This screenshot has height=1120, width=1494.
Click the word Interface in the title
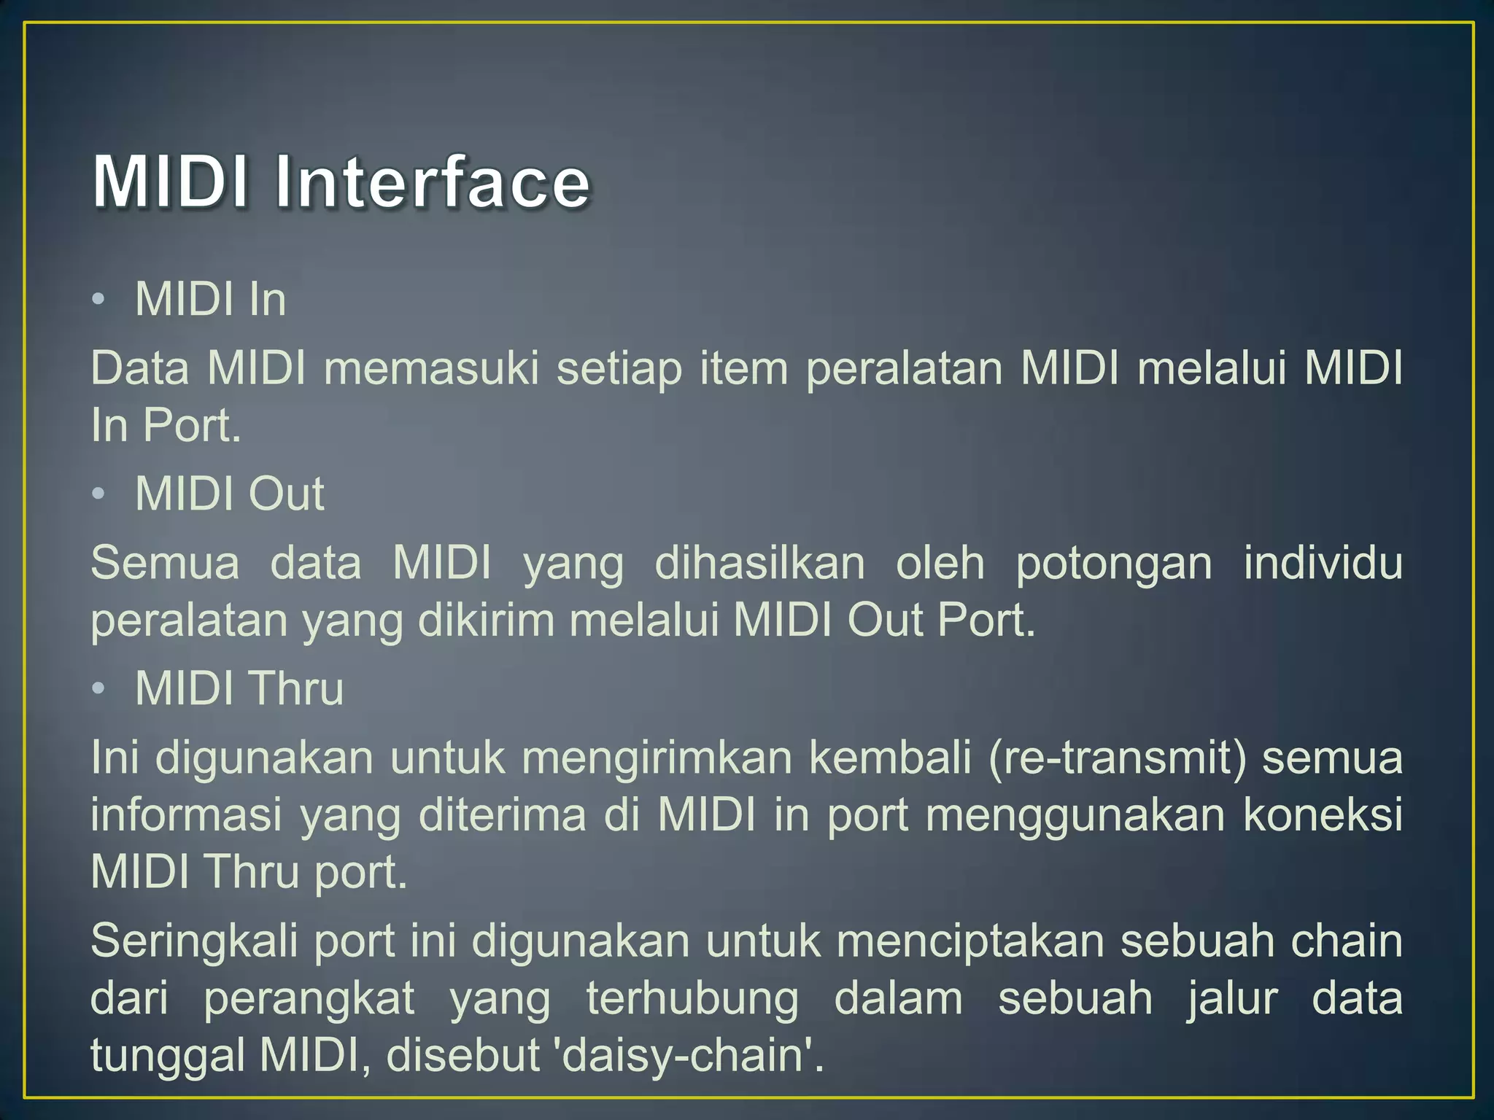432,182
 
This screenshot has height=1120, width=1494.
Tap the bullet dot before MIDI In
99,300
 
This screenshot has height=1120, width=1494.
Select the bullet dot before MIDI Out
99,494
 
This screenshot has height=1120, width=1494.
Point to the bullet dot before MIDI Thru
99,688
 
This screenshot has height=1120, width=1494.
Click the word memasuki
431,367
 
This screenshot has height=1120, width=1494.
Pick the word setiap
619,367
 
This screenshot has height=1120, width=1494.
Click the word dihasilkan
759,563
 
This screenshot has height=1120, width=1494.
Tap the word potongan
1114,563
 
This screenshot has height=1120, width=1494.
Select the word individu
1323,563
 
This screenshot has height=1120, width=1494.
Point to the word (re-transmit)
1117,757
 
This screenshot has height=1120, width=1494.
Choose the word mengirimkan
657,757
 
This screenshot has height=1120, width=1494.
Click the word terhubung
692,997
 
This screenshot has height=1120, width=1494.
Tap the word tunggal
167,1056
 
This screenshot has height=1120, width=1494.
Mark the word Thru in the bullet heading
295,688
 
